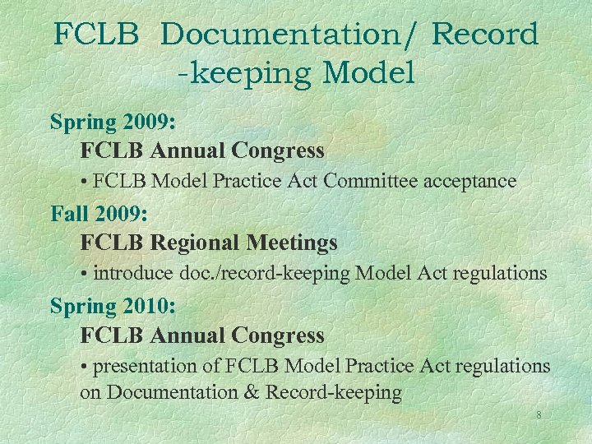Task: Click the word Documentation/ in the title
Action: pos(289,35)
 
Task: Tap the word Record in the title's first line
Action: pos(485,35)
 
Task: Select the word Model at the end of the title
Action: pos(369,74)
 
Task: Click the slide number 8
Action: pos(539,415)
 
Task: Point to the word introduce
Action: pos(133,273)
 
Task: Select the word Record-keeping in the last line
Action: pos(333,393)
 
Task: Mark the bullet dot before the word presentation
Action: pos(85,366)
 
